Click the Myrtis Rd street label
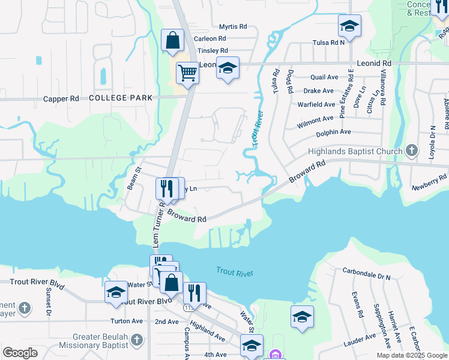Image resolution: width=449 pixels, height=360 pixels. tap(233, 27)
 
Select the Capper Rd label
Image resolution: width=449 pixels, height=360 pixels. tap(61, 98)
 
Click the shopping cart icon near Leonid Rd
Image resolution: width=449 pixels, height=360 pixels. tap(187, 73)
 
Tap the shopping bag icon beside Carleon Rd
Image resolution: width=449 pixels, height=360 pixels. tap(172, 41)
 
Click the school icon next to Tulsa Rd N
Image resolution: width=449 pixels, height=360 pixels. tap(349, 26)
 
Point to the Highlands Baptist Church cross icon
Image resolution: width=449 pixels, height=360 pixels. tap(411, 149)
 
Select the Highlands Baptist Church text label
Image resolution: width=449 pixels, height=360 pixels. tap(356, 151)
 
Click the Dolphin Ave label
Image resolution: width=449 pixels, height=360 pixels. tap(333, 132)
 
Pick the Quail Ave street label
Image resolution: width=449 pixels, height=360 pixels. tap(325, 77)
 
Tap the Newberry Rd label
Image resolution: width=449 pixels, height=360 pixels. tap(430, 179)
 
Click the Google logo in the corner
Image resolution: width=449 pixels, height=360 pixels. tap(20, 353)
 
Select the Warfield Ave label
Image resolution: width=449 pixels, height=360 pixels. tap(316, 104)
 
